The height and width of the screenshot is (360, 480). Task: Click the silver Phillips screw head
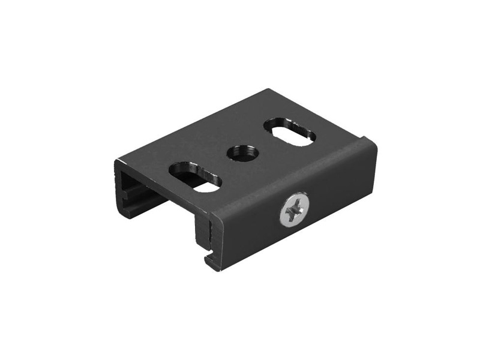coord(295,209)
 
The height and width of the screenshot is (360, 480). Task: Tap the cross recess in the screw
coord(295,210)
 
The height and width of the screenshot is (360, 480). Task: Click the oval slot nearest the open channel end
coord(196,177)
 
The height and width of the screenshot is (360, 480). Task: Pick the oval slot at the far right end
coord(289,131)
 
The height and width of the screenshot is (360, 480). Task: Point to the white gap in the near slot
coord(206,187)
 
